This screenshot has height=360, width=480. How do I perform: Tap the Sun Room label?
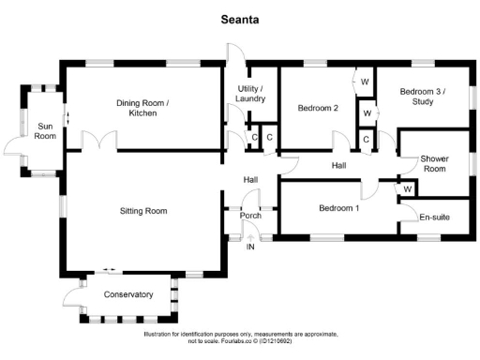pos(45,130)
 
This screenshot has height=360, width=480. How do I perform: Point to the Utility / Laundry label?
pos(249,93)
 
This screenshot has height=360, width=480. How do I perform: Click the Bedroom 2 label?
pos(318,108)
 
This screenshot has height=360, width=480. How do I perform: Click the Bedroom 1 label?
pos(337,208)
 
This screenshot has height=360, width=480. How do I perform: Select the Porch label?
pos(250,217)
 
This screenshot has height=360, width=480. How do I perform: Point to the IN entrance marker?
pos(250,247)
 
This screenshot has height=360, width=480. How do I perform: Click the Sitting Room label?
pos(143,211)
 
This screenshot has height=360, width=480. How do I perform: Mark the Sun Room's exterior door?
pos(11,147)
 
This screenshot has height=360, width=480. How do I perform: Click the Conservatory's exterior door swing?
pos(71,297)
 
